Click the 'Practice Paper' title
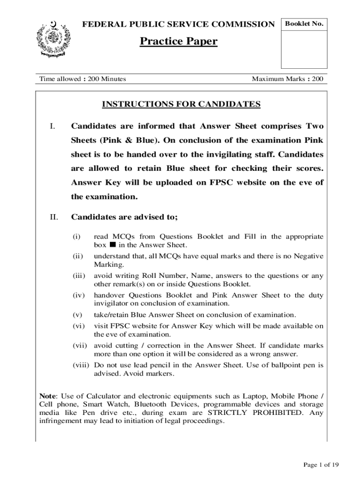click(x=179, y=42)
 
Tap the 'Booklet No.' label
click(x=304, y=24)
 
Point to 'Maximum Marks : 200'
click(x=288, y=79)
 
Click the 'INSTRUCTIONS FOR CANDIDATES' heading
click(x=181, y=104)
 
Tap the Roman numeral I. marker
click(x=53, y=126)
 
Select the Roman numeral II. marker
click(x=54, y=217)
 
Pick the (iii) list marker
click(x=78, y=276)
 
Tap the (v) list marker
click(x=78, y=314)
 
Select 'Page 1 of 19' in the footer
click(x=321, y=464)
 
